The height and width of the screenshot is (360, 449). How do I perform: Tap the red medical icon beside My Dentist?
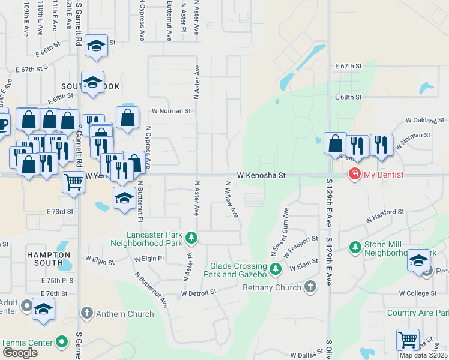point(354,174)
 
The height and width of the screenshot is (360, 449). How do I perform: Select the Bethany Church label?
point(272,288)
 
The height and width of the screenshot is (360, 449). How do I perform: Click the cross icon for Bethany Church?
point(310,286)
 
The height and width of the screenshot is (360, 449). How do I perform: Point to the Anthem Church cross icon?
point(87,313)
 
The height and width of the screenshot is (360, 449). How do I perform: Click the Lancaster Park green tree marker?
point(191,238)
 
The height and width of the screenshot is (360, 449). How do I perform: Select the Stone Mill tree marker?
point(355,247)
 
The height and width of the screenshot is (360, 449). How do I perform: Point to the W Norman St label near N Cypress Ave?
point(170,111)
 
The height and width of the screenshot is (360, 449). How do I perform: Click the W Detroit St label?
point(198,293)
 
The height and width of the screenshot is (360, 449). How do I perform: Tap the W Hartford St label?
point(385,212)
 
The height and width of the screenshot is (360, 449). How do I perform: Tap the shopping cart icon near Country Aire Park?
point(408,340)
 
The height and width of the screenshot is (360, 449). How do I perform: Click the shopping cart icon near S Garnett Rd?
point(73,181)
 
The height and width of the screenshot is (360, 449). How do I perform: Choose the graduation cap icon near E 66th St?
point(96,47)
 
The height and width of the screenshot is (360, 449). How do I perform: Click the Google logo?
point(20,353)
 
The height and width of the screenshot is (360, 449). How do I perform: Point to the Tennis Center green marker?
point(62,342)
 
